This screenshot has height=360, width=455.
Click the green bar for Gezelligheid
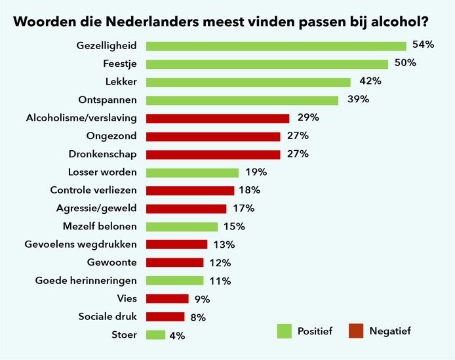tap(275, 46)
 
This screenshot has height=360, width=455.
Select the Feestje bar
tap(267, 64)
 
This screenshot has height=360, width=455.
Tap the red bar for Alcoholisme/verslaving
tap(217, 118)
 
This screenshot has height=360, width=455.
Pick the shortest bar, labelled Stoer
tap(155, 335)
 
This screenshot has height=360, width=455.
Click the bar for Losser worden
tap(192, 172)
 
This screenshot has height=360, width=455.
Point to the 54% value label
tap(424, 45)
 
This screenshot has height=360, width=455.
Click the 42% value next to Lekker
tap(370, 81)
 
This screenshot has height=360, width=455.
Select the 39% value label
tap(358, 100)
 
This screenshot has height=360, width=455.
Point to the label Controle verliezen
tap(94, 190)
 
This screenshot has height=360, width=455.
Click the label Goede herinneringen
tap(86, 281)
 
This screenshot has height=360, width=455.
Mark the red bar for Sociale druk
tap(165, 317)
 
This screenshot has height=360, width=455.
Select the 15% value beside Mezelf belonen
tap(233, 226)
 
